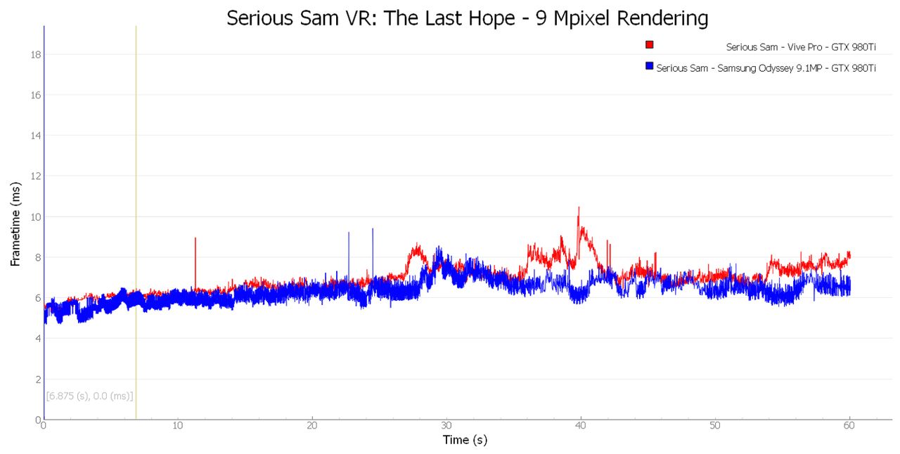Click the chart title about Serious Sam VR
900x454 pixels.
(x=467, y=18)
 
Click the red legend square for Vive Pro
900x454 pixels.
(x=649, y=44)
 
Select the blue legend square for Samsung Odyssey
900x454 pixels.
(x=649, y=65)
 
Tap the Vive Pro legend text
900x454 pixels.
(x=801, y=47)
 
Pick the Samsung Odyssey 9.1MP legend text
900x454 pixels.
(x=766, y=68)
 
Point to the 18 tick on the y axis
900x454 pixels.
(x=36, y=55)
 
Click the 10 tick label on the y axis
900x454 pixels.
(x=36, y=217)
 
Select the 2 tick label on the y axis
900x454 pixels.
(x=39, y=380)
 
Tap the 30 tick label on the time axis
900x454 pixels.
(x=446, y=425)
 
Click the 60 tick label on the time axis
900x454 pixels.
(x=849, y=425)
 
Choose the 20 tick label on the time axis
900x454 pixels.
(x=312, y=425)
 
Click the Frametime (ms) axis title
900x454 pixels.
(x=15, y=224)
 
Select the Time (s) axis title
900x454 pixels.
(x=465, y=440)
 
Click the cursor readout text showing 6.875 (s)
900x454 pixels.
(x=89, y=396)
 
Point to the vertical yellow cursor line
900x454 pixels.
(x=136, y=223)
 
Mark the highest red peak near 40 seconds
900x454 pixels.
(x=579, y=207)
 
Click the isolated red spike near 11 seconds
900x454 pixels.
(x=195, y=238)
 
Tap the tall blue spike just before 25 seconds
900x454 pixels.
(x=373, y=228)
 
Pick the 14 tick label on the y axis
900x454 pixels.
(x=36, y=136)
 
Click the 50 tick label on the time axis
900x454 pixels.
(x=715, y=425)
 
